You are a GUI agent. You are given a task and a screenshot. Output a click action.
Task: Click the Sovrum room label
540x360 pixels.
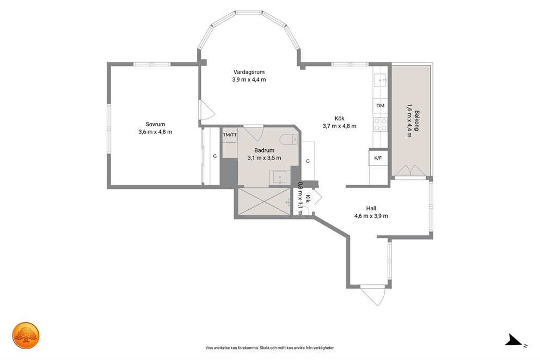[155, 124]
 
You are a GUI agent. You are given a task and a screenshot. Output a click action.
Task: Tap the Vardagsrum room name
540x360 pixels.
[249, 72]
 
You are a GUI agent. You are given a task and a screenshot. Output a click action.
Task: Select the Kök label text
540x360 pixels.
[339, 119]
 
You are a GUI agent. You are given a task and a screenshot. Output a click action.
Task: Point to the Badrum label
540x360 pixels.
[264, 150]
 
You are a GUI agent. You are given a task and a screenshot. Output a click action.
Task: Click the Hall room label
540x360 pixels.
[371, 209]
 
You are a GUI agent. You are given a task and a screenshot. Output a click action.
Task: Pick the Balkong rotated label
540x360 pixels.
[417, 120]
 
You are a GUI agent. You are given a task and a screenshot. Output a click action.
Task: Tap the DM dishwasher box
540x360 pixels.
[380, 106]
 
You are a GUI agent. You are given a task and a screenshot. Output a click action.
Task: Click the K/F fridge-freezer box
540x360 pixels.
[378, 158]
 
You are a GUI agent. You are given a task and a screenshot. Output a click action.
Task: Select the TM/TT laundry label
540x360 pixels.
[230, 135]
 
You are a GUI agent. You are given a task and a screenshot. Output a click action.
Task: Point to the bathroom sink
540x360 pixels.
[280, 178]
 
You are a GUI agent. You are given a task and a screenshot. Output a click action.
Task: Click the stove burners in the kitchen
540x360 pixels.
[380, 124]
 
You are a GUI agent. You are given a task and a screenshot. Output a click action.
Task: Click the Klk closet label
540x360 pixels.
[308, 199]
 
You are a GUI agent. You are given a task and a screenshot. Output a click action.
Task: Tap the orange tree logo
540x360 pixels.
[26, 335]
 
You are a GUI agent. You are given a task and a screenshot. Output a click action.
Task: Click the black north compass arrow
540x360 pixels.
[513, 340]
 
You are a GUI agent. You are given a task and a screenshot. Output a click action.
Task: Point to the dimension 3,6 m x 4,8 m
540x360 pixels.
[155, 132]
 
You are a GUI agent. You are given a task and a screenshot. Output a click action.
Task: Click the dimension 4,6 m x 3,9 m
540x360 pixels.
[371, 216]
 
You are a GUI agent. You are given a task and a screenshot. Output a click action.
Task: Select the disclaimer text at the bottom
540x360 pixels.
[270, 348]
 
